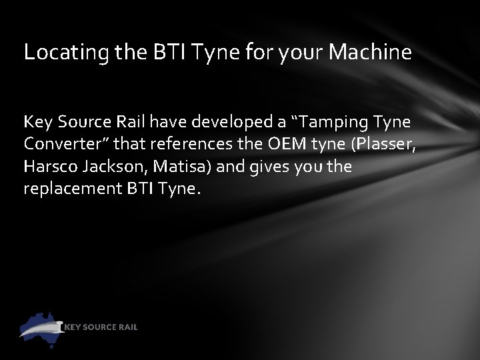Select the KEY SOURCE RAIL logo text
tap(101, 327)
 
